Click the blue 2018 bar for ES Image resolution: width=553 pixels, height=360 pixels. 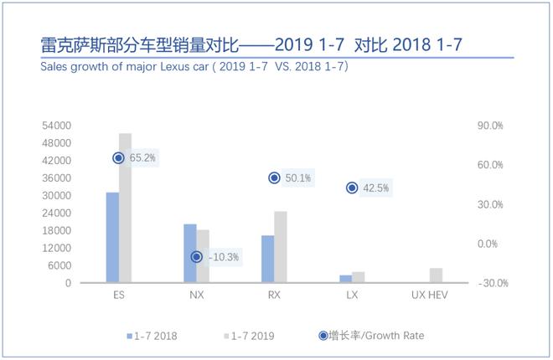(x=112, y=238)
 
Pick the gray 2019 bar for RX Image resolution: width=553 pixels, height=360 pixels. (x=281, y=247)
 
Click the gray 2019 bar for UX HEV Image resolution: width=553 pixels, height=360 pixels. (x=436, y=275)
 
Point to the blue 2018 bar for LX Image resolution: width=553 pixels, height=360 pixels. (x=346, y=279)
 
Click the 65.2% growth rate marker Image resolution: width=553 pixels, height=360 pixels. (x=119, y=157)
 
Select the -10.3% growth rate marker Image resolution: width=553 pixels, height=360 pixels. (x=197, y=257)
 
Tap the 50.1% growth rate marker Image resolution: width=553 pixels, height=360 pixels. (x=274, y=177)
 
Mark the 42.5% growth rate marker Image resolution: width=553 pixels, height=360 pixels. (x=352, y=188)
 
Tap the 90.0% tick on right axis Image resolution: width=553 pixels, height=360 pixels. (x=490, y=126)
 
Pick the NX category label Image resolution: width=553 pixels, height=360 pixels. (x=197, y=296)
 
